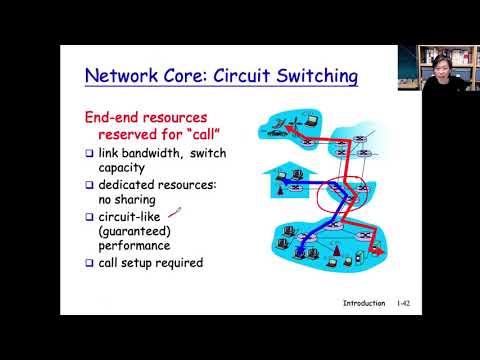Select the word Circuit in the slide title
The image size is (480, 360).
[x=231, y=75]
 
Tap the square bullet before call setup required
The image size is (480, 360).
[x=89, y=263]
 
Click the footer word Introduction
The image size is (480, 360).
[x=363, y=302]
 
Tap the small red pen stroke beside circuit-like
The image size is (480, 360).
[x=175, y=211]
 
